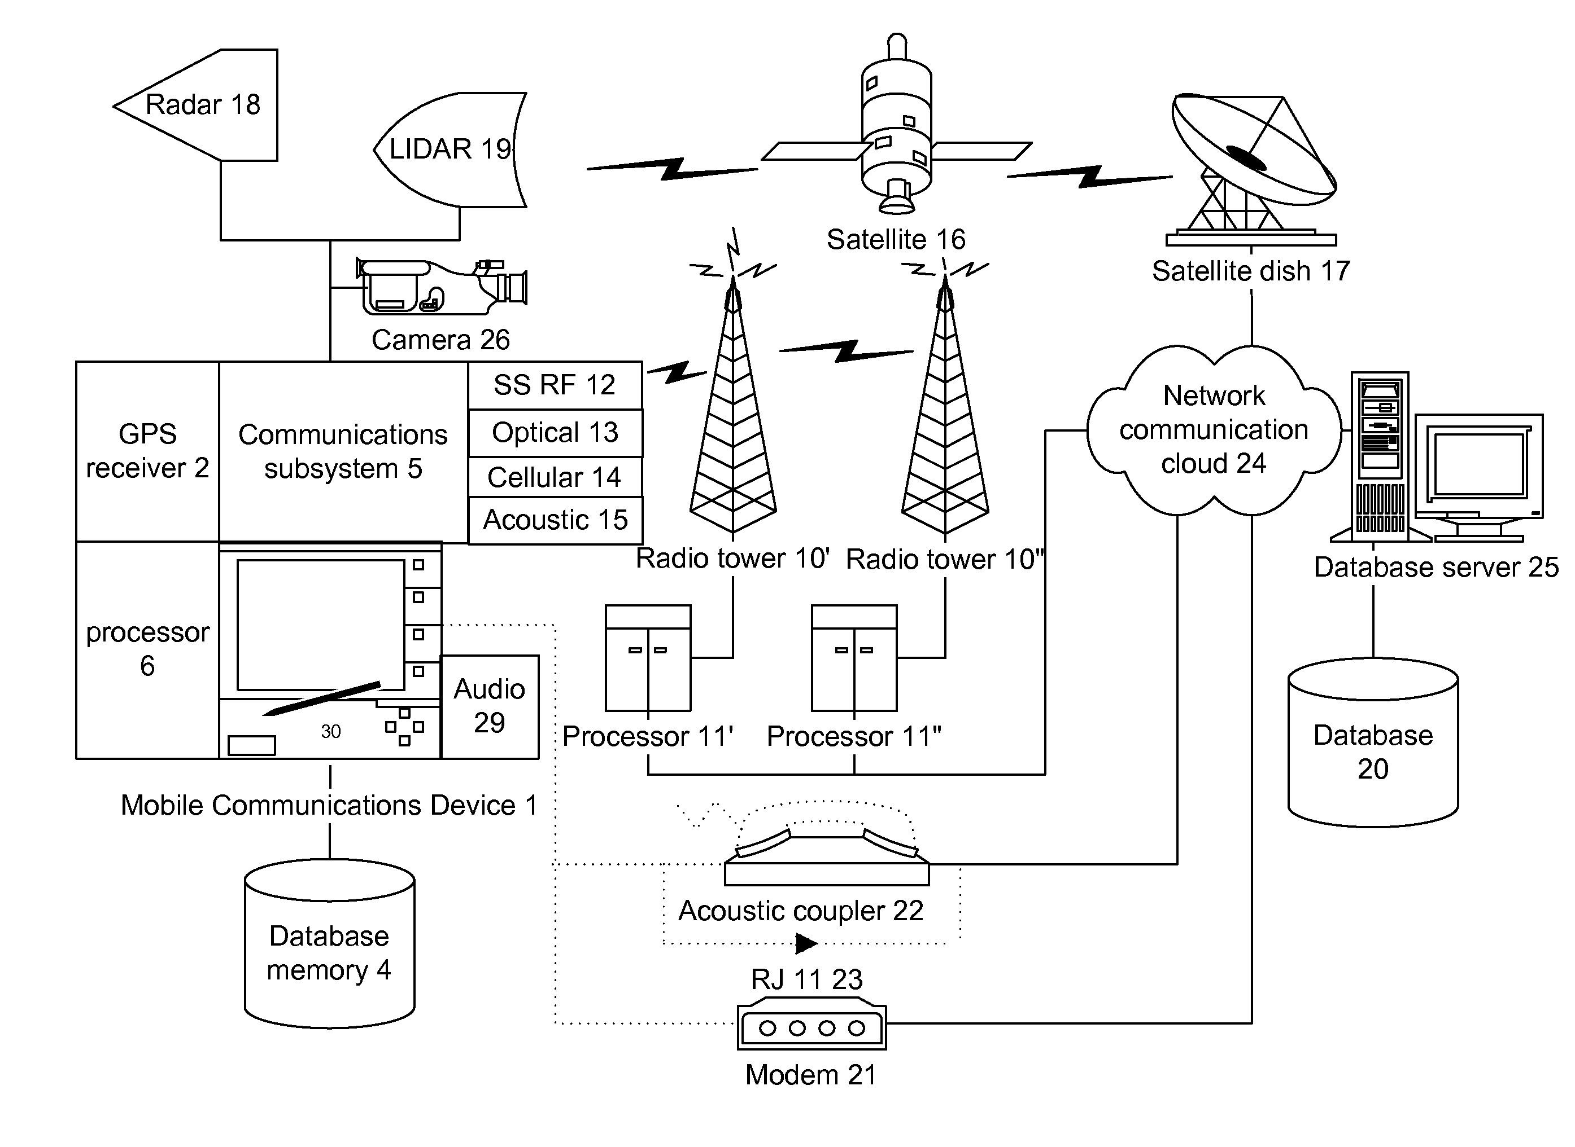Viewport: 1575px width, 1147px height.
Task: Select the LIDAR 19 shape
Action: (x=452, y=150)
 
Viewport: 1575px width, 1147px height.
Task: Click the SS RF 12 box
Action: (x=555, y=385)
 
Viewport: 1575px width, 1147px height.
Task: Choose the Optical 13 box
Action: (x=555, y=433)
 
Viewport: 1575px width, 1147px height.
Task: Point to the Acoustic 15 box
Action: (x=555, y=520)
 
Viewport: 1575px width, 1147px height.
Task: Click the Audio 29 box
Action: (x=490, y=706)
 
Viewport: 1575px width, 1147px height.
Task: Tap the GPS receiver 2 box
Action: (x=147, y=451)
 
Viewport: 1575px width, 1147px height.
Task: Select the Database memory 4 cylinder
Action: (x=329, y=952)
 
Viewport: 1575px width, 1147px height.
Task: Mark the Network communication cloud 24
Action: (x=1213, y=430)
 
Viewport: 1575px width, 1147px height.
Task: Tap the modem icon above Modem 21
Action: (x=812, y=1027)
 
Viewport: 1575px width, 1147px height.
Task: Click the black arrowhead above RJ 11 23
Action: (x=806, y=943)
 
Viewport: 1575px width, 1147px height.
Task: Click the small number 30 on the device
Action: (x=331, y=731)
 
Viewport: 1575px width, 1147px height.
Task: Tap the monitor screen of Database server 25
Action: (x=1478, y=464)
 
